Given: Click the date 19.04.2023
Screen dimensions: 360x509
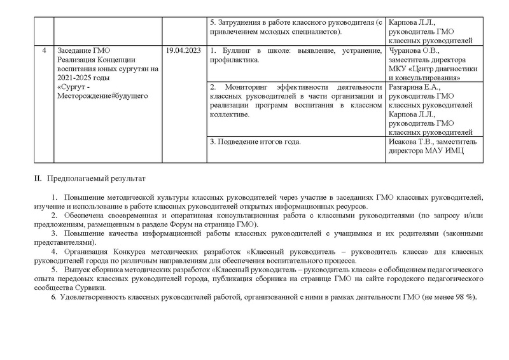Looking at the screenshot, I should (x=183, y=50).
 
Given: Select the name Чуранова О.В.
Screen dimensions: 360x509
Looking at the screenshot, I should (x=414, y=50).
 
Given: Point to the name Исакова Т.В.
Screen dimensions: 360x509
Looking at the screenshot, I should (x=412, y=141).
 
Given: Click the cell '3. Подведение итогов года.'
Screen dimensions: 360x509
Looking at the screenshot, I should (x=254, y=141).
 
